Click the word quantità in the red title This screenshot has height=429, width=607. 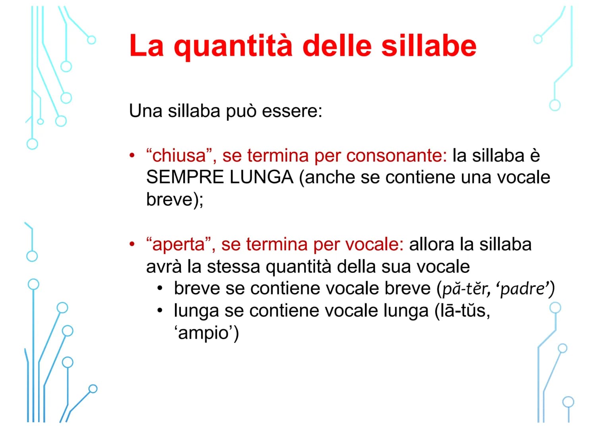click(233, 46)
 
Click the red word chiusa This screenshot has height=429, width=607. click(179, 156)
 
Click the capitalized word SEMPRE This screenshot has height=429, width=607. click(185, 178)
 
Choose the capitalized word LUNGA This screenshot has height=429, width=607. click(261, 178)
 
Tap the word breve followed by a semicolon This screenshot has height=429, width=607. click(169, 199)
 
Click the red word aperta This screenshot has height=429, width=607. click(178, 245)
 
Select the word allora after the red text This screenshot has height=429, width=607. click(431, 245)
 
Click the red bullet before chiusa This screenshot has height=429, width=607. click(132, 155)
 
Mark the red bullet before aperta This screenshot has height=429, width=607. click(132, 244)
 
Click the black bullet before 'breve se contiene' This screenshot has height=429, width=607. click(160, 288)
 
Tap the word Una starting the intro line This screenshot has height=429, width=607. click(145, 111)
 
